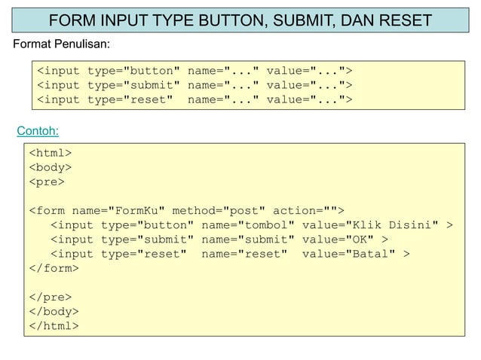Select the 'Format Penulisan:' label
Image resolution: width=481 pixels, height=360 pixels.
[x=62, y=44]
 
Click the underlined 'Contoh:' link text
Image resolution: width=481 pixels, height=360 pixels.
[x=38, y=132]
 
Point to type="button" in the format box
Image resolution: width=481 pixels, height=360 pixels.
[x=133, y=71]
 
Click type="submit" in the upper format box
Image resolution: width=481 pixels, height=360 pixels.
[x=133, y=84]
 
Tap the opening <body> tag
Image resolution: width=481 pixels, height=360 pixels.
[x=51, y=168]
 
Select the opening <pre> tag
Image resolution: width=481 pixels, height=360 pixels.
[x=47, y=182]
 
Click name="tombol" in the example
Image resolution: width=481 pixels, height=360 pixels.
[x=247, y=225]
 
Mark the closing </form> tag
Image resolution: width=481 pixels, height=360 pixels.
[x=54, y=268]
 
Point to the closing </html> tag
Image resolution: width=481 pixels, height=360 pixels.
[x=54, y=325]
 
